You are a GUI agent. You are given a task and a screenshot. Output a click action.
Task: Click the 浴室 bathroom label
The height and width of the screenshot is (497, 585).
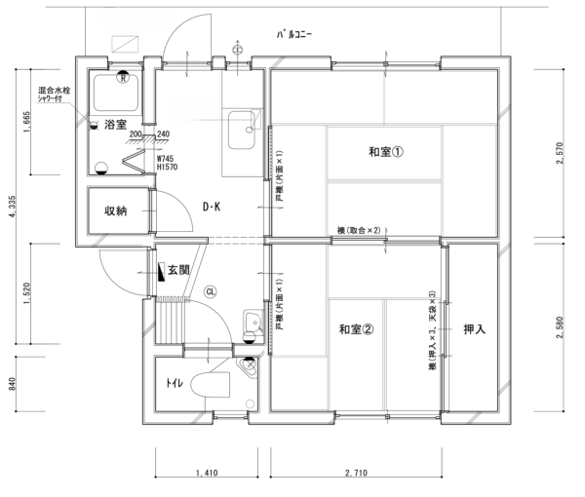coord(117,125)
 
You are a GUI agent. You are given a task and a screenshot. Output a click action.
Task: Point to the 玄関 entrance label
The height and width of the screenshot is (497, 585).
coord(176,270)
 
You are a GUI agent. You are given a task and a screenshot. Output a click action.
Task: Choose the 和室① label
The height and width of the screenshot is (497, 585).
coord(385,152)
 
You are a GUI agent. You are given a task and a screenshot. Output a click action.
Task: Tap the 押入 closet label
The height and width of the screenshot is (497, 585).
coord(475,329)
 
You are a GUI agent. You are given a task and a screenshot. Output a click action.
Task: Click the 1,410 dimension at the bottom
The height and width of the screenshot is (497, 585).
coord(206,474)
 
